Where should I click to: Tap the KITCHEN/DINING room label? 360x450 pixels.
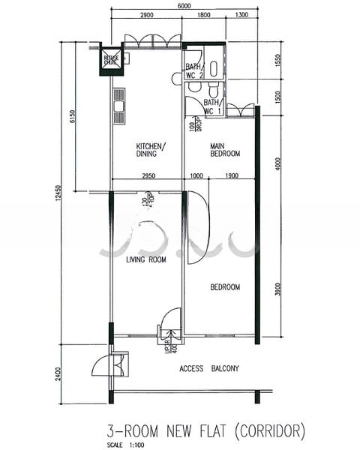(151, 150)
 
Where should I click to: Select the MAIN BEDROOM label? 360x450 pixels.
(225, 150)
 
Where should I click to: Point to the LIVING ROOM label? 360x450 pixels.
(145, 260)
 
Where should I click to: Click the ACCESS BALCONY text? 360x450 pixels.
(209, 368)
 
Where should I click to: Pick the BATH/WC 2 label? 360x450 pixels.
(194, 71)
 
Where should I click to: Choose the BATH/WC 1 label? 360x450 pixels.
(211, 106)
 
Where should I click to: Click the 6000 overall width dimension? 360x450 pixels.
(184, 6)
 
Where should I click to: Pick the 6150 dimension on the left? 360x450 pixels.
(73, 116)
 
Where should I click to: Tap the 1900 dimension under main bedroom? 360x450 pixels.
(230, 175)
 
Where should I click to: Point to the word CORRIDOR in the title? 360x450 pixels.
(270, 430)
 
